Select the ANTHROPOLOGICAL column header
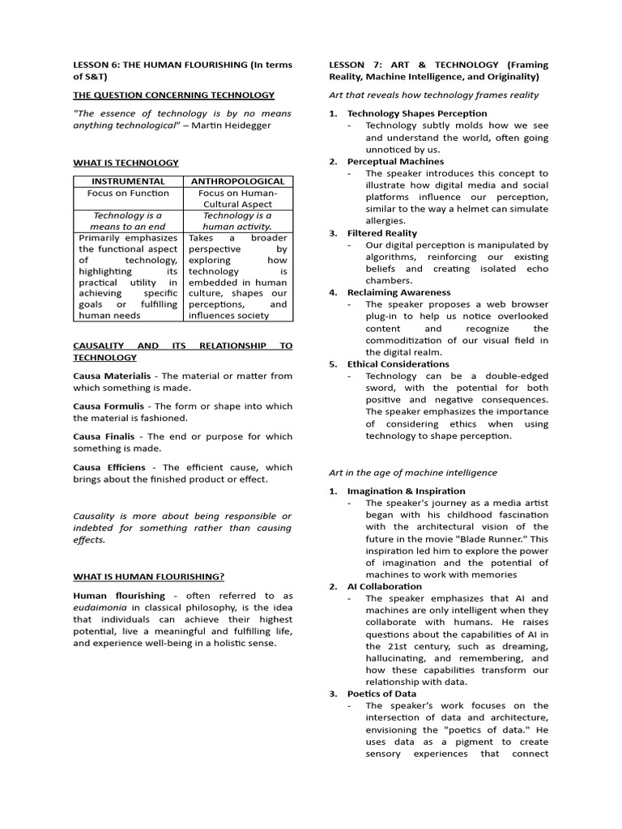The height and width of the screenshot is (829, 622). coord(236,181)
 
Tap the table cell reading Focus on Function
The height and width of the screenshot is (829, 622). coord(128,193)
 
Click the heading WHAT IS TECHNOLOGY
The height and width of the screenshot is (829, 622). coord(126,163)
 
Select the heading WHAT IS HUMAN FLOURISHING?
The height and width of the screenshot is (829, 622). coord(148,576)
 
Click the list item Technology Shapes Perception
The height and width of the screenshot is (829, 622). coord(417,113)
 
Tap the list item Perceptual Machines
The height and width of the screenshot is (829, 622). coord(395,161)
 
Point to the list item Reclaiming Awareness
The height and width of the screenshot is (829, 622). coord(398,292)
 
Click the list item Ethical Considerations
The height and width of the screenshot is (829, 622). coord(398,364)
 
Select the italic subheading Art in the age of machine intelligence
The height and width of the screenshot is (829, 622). coord(413,472)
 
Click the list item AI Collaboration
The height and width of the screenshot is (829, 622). coord(384,586)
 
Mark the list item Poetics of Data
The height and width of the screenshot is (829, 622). coord(381,694)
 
